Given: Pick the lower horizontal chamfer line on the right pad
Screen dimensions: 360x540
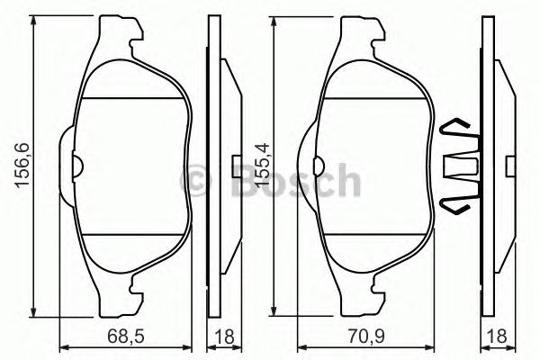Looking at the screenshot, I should (x=373, y=238).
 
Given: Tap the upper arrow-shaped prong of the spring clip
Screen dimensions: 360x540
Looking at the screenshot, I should (x=458, y=126).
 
